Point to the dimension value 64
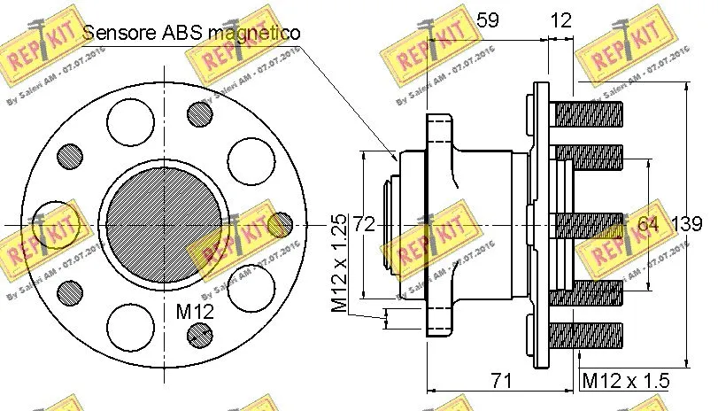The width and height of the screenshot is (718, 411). tap(648, 224)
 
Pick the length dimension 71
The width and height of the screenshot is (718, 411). tap(502, 381)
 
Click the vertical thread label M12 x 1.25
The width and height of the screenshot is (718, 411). tap(339, 263)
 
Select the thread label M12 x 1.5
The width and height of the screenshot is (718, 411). tap(626, 381)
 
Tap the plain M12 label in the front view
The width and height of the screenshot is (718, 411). tap(194, 311)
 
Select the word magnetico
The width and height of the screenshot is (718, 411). tap(257, 32)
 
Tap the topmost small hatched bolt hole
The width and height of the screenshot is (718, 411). tap(201, 112)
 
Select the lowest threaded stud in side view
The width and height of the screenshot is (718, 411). tap(588, 334)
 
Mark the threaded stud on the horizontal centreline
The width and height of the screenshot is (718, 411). tap(588, 224)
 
